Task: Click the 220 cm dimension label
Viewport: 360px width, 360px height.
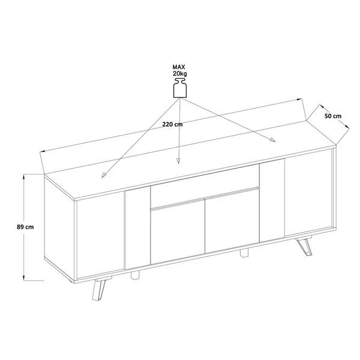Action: pyautogui.click(x=172, y=124)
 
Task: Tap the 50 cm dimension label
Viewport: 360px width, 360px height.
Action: pyautogui.click(x=332, y=116)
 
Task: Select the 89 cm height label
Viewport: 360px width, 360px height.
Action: pyautogui.click(x=25, y=227)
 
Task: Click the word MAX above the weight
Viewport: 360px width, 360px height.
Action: pyautogui.click(x=179, y=67)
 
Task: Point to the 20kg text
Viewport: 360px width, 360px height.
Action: pyautogui.click(x=180, y=73)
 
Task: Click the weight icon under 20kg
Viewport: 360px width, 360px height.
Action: pyautogui.click(x=180, y=88)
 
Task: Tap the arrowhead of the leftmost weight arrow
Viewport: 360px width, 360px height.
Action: pyautogui.click(x=104, y=175)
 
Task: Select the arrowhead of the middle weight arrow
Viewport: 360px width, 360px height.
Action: pyautogui.click(x=178, y=161)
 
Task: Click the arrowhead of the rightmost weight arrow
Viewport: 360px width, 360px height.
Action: pyautogui.click(x=272, y=140)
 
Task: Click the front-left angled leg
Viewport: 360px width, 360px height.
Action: pyautogui.click(x=99, y=290)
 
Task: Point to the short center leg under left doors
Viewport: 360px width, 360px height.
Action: pyautogui.click(x=135, y=275)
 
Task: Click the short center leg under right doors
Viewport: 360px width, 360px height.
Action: pyautogui.click(x=244, y=252)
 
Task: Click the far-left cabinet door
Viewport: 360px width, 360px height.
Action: pyautogui.click(x=100, y=235)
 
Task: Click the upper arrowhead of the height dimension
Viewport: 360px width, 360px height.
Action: pyautogui.click(x=23, y=177)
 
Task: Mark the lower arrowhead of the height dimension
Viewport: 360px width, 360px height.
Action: pyautogui.click(x=23, y=278)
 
